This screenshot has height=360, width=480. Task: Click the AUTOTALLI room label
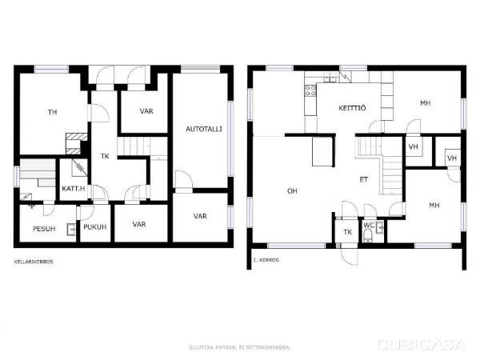coord(204,129)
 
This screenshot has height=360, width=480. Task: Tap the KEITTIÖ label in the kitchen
coord(352,108)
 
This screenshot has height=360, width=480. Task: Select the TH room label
coord(53,112)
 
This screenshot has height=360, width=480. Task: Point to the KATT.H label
coord(74,189)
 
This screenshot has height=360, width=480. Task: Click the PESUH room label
coord(44,229)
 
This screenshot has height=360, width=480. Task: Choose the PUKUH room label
coord(95,227)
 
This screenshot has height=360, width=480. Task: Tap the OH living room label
coord(292,191)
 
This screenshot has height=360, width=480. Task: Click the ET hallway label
coord(364,180)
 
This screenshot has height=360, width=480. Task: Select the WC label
coord(369,226)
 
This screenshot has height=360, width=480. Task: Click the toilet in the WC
coord(368,237)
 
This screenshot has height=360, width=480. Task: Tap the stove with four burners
coord(310,90)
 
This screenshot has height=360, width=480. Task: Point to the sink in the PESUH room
coord(72,230)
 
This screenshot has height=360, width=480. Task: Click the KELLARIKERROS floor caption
coord(34,262)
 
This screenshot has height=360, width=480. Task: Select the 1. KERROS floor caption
coord(266,260)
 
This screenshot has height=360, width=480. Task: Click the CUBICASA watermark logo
coord(422,345)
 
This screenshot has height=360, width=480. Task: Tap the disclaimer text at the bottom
coord(240,347)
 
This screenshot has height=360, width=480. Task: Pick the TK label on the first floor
coord(348,232)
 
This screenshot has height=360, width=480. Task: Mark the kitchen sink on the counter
coord(330,78)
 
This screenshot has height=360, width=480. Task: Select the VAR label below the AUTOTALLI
coord(200,216)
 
